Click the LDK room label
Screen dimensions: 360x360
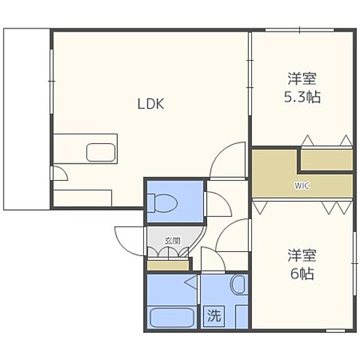151,103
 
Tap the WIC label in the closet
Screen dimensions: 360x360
302,186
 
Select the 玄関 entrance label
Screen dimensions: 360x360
172,241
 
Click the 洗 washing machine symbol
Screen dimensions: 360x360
214,316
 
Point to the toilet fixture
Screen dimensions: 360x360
163,203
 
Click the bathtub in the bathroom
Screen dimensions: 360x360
171,318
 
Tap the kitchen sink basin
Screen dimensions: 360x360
101,152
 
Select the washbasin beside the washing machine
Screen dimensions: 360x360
239,285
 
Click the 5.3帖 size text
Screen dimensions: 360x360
302,97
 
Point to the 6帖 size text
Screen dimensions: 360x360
302,274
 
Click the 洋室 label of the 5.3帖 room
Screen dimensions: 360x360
302,79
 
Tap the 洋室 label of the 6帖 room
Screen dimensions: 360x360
302,255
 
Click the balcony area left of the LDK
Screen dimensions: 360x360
26,119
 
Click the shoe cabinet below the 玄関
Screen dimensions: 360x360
168,265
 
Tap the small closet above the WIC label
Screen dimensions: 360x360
326,160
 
